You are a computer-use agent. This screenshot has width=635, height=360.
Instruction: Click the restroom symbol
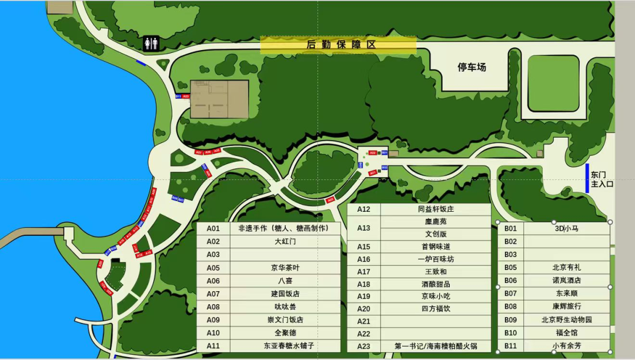pyautogui.click(x=151, y=44)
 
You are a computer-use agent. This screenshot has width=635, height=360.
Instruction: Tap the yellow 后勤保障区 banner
pyautogui.click(x=338, y=45)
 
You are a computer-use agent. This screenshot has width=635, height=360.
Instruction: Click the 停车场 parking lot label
pyautogui.click(x=472, y=67)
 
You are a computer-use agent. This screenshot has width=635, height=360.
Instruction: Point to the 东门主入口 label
pyautogui.click(x=601, y=179)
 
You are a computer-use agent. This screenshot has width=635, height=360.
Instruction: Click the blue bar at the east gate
pyautogui.click(x=587, y=178)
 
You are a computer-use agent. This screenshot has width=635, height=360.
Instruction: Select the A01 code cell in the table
pyautogui.click(x=213, y=228)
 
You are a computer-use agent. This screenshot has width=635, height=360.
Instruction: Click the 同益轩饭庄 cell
pyautogui.click(x=435, y=209)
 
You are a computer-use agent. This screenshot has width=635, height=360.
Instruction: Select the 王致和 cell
pyautogui.click(x=435, y=272)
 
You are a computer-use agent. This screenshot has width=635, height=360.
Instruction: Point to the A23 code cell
pyautogui.click(x=364, y=346)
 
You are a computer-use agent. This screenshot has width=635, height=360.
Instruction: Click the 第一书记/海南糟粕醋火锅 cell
pyautogui.click(x=435, y=346)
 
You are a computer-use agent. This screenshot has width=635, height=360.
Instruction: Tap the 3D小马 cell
pyautogui.click(x=566, y=228)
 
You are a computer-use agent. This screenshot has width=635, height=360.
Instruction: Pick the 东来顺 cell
pyautogui.click(x=566, y=293)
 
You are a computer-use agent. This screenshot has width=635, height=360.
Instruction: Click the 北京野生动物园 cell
pyautogui.click(x=566, y=320)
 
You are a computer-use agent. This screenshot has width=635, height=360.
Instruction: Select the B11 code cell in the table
pyautogui.click(x=510, y=346)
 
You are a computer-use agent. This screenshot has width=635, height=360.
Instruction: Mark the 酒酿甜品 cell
pyautogui.click(x=435, y=284)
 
